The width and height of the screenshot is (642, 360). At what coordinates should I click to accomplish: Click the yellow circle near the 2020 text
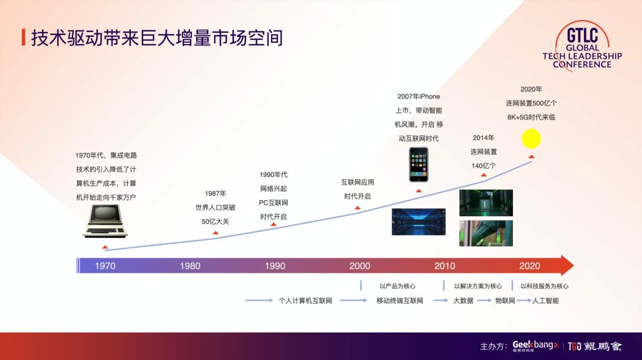[531, 138]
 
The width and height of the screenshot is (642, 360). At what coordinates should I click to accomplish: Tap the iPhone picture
[418, 165]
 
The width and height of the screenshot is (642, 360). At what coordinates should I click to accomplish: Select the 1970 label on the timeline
[106, 266]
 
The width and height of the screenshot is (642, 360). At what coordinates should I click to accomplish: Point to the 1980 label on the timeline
[190, 266]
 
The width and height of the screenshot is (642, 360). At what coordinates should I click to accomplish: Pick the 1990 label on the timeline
[275, 266]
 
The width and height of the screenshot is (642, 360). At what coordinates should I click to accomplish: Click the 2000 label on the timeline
[360, 266]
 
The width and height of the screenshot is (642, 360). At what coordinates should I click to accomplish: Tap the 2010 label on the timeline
[445, 266]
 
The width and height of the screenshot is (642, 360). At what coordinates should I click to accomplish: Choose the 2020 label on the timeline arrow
[530, 266]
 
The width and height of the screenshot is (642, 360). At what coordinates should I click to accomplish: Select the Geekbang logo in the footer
[535, 346]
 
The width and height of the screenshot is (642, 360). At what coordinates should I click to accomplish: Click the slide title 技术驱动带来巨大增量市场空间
[156, 37]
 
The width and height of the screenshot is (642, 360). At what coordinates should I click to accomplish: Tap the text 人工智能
[546, 301]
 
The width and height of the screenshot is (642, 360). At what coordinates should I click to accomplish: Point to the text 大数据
[463, 301]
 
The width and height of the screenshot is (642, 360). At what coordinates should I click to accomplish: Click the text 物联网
[505, 301]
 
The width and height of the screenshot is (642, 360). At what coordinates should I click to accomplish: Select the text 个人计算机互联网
[305, 301]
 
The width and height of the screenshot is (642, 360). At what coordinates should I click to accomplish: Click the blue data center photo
[418, 222]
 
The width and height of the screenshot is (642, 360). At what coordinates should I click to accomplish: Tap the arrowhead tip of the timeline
[572, 266]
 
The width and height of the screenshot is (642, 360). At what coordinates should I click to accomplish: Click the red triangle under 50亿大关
[215, 233]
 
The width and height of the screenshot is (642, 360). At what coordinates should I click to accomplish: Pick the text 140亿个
[483, 166]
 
